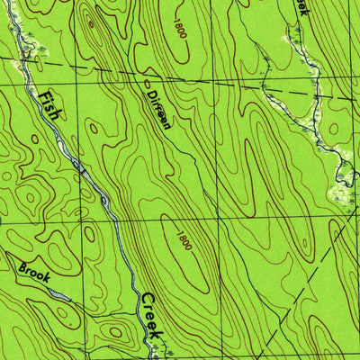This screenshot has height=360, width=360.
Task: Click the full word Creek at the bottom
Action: point(150,318)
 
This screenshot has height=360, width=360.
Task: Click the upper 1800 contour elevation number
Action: point(181,30)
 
